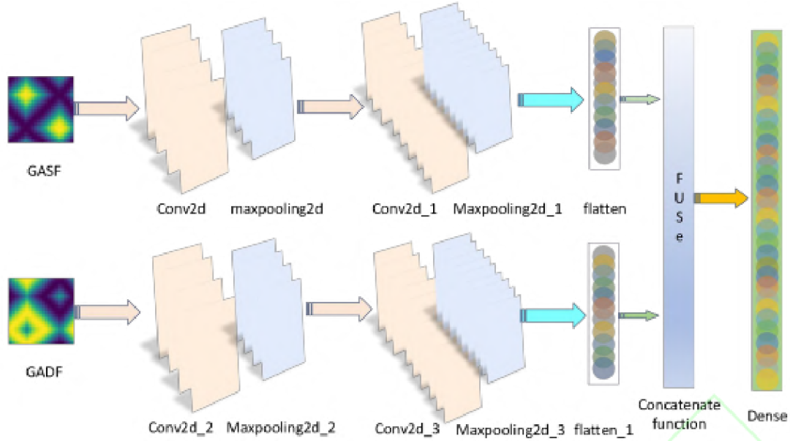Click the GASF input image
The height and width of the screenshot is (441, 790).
(x=40, y=110)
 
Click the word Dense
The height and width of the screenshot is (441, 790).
(x=767, y=418)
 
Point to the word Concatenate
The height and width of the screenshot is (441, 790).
(x=679, y=404)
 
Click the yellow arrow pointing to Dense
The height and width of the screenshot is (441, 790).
(x=721, y=197)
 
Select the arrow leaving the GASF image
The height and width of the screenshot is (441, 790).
(x=105, y=109)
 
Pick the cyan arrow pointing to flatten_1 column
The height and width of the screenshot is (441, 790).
(x=552, y=315)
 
